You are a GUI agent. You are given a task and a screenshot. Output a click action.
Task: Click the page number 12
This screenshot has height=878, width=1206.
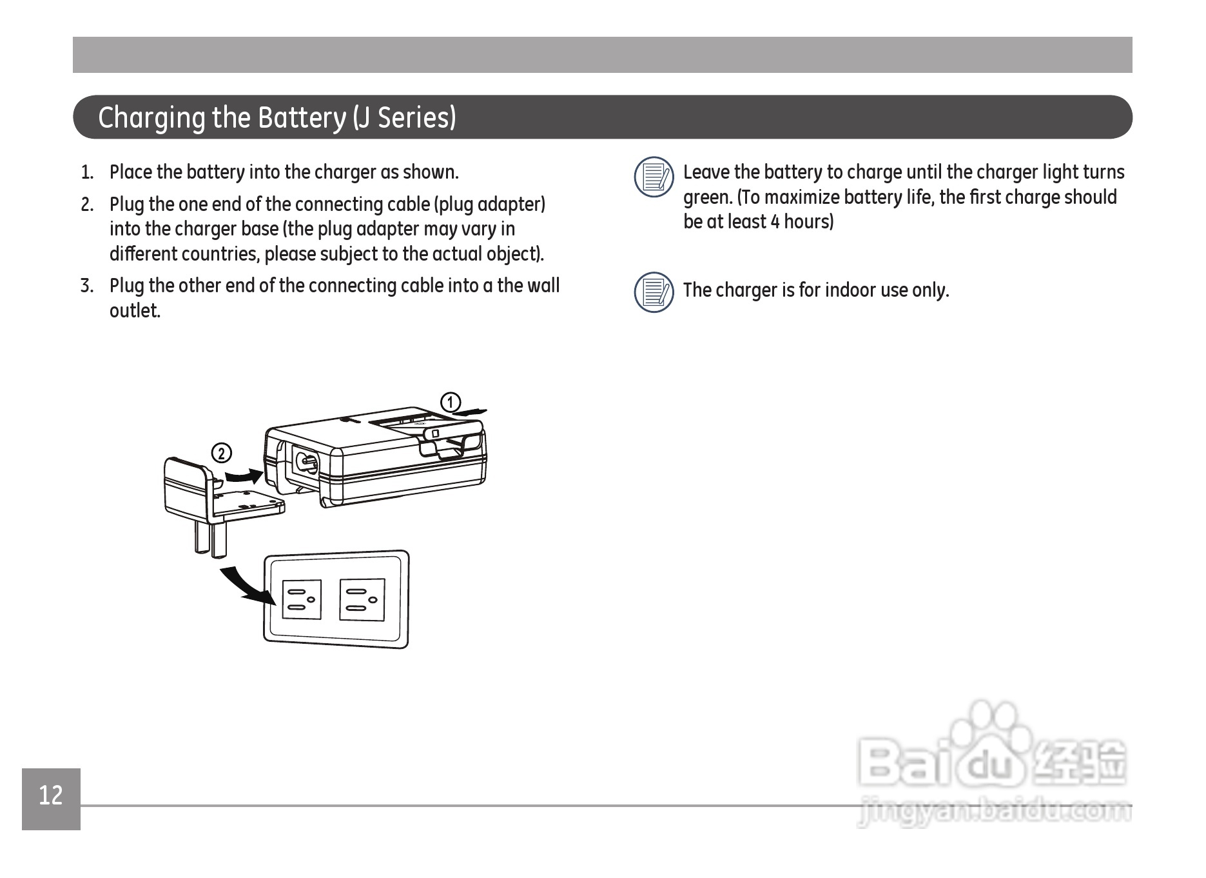click(x=51, y=796)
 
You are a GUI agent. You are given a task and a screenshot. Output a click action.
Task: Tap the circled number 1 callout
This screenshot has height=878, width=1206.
click(x=451, y=402)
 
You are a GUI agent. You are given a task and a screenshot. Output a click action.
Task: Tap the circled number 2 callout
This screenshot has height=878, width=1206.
click(x=221, y=454)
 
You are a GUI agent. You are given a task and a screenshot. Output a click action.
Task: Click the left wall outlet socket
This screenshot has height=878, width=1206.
click(x=301, y=600)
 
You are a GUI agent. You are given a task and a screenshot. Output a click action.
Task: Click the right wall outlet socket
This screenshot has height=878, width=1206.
click(x=362, y=600)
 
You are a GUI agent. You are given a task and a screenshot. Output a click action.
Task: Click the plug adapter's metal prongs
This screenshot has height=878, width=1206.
click(x=211, y=537)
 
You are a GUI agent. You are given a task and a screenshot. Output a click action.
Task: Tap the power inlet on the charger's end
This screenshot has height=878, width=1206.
click(x=306, y=463)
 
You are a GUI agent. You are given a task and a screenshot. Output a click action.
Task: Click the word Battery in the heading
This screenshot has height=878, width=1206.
click(x=302, y=117)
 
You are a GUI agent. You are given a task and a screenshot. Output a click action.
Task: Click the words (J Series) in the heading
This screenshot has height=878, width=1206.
click(x=405, y=117)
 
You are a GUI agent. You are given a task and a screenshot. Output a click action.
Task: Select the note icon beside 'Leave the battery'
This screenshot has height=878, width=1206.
click(x=654, y=177)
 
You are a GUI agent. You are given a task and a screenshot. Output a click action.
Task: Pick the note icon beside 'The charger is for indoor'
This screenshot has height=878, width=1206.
click(x=654, y=292)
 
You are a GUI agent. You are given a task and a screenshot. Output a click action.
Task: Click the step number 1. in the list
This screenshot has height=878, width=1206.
click(x=87, y=173)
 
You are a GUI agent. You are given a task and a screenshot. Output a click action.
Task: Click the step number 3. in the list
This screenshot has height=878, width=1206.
click(x=87, y=286)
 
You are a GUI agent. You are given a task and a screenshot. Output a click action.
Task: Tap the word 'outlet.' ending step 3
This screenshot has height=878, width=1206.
click(x=135, y=311)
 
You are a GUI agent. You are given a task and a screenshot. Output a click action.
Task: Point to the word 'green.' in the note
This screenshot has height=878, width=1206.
click(x=707, y=197)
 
